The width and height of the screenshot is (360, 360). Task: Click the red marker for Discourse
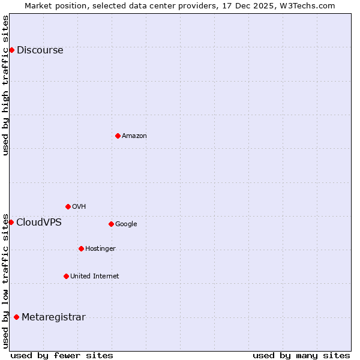(11, 50)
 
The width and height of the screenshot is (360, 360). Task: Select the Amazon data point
(118, 136)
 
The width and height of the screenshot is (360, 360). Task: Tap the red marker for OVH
(68, 206)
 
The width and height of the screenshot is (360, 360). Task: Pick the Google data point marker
(111, 224)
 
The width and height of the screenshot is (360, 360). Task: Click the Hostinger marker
(81, 248)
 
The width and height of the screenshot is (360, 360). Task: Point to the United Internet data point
(66, 276)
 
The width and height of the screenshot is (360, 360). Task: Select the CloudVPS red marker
(11, 222)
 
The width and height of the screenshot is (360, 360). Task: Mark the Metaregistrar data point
(16, 317)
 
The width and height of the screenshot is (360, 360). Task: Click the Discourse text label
(40, 50)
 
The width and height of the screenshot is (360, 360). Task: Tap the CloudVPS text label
(38, 223)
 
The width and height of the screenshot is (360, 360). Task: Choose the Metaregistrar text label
(53, 317)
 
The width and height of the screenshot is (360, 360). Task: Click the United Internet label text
(94, 276)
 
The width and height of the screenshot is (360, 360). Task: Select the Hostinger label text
(100, 248)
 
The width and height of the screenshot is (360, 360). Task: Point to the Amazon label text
(134, 136)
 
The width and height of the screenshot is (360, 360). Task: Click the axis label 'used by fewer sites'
(62, 355)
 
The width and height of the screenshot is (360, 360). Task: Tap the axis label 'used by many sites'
(301, 355)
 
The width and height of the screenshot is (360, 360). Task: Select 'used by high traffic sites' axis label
(5, 85)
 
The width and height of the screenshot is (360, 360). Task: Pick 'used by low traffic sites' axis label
(5, 281)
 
